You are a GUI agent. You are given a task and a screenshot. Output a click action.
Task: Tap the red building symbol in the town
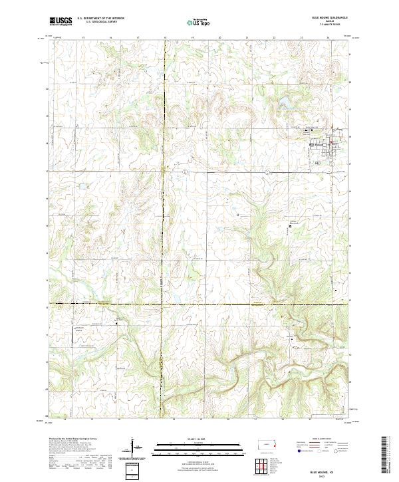(331, 140)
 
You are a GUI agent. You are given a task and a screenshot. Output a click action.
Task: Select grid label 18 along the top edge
(165, 38)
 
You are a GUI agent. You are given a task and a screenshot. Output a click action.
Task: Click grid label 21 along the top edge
(247, 38)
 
